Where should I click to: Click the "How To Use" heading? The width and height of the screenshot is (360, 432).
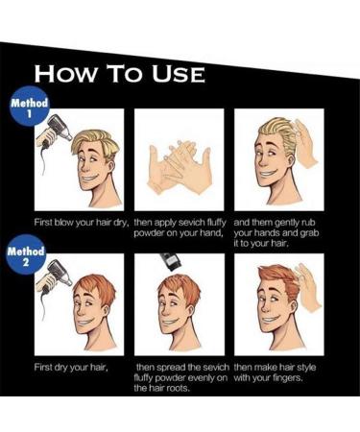click(119, 74)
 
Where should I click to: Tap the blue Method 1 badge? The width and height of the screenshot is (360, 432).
click(30, 107)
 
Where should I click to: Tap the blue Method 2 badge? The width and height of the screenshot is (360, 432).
click(26, 255)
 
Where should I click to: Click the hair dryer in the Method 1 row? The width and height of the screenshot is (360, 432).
click(55, 132)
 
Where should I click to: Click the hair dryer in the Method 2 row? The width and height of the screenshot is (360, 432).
click(55, 276)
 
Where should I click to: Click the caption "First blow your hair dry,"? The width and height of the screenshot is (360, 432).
click(82, 222)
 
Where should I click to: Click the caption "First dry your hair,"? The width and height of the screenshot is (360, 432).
click(71, 367)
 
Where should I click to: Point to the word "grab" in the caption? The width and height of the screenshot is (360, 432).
click(309, 233)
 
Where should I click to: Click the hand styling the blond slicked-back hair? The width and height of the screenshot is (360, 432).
click(305, 143)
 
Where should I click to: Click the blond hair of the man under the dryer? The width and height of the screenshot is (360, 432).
click(95, 142)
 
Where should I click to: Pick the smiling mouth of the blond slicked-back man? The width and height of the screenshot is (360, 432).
click(268, 175)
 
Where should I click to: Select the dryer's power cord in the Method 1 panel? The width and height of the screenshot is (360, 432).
click(42, 160)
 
